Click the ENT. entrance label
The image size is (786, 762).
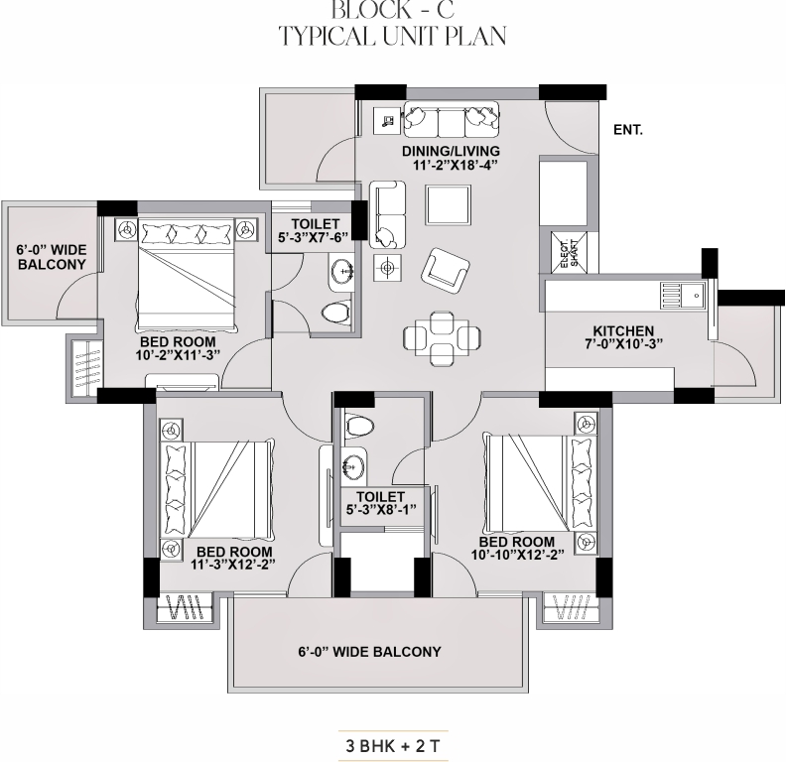[x=627, y=130]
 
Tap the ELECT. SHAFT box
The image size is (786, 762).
[x=569, y=252]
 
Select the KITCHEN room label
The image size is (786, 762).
[x=623, y=330]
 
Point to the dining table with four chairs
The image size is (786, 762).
[x=442, y=338]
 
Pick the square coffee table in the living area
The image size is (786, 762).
[x=449, y=205]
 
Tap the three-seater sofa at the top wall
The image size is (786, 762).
[x=452, y=119]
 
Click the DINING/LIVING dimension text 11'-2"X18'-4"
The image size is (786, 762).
[x=452, y=165]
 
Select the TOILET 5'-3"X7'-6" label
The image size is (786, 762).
[x=314, y=230]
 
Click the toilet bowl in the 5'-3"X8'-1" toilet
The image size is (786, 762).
[x=360, y=427]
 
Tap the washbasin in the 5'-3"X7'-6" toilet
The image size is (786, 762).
[x=342, y=272]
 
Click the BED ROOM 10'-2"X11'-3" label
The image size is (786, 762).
[x=178, y=349]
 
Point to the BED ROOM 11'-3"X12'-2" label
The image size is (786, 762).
[x=233, y=557]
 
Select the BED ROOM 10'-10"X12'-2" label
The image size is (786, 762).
[x=517, y=548]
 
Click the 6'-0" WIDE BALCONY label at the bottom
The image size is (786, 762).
[x=369, y=652]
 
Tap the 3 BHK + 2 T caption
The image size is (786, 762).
[x=393, y=746]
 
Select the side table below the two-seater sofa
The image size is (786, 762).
[x=387, y=268]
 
